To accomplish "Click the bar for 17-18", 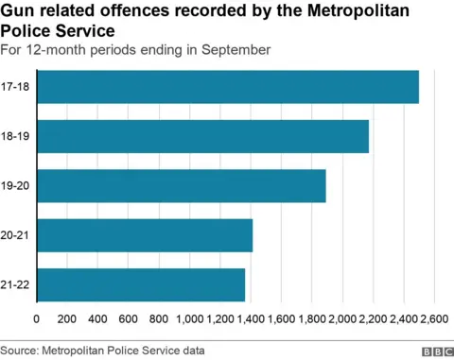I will coord(227,87).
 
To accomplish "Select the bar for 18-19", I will coord(202,136).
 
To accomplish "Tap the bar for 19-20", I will coord(181,185).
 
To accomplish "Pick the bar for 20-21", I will coord(144,235).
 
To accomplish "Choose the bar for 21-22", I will coord(140,284).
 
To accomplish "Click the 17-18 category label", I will coord(16,87).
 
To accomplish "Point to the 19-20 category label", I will coord(16,185).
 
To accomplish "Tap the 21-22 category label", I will coord(16,284).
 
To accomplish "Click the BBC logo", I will coord(436,351).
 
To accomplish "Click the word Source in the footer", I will coord(20,351).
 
